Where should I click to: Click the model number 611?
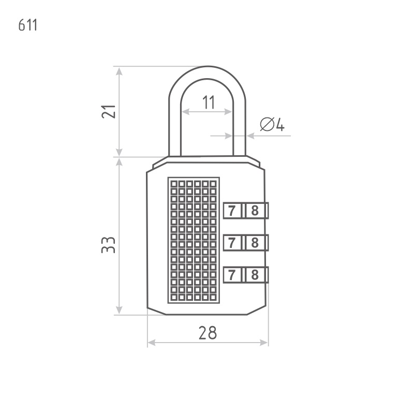[x=28, y=25]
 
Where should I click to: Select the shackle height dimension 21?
[x=109, y=112]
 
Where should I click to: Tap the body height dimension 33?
[x=109, y=245]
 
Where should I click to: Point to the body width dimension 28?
[x=208, y=333]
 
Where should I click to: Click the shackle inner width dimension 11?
[x=209, y=102]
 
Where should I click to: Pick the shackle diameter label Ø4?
[x=272, y=124]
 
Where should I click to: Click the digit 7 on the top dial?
[x=232, y=211]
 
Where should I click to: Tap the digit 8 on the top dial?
[x=255, y=211]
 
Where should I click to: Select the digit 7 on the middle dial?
[x=232, y=243]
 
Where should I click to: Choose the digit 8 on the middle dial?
[x=255, y=243]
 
